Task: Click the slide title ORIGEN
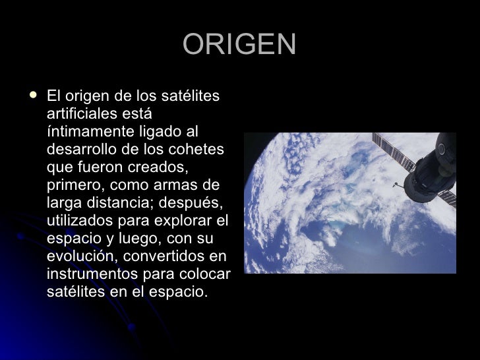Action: [239, 45]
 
